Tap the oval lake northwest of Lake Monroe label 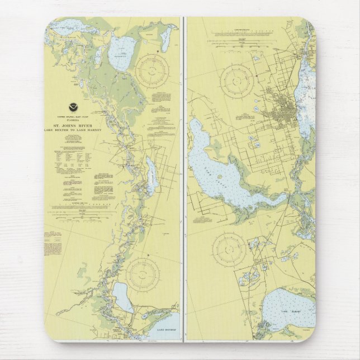pyautogui.click(x=122, y=296)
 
